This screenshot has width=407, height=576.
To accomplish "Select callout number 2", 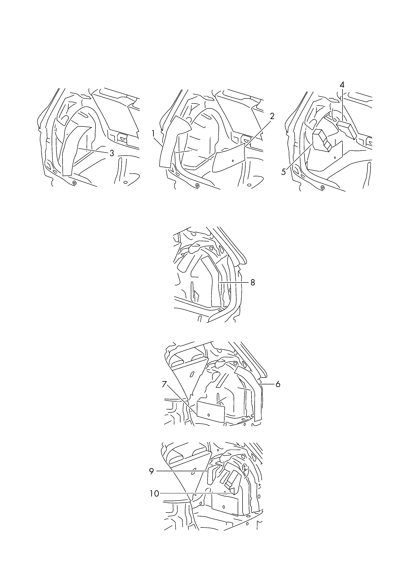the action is (272, 116).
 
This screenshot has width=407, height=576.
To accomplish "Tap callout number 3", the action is (112, 153).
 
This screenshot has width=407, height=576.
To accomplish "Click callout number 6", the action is (278, 384).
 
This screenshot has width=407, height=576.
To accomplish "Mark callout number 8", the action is (253, 283).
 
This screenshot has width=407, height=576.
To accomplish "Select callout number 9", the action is (151, 471).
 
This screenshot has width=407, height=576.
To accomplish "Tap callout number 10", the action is (154, 494).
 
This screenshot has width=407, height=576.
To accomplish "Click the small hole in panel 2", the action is (233, 160).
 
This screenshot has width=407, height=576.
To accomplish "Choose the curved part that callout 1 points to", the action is (170, 141).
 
